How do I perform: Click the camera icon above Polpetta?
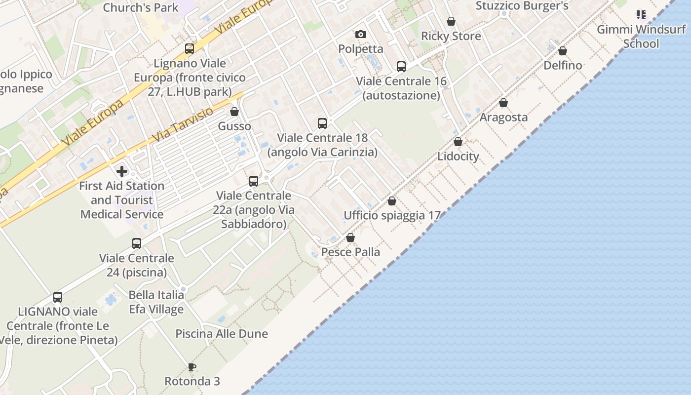361,34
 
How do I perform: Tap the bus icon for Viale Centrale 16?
401,67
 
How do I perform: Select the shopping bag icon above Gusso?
234,112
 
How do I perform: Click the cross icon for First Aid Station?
122,171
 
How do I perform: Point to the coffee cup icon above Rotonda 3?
192,367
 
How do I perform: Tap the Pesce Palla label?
350,252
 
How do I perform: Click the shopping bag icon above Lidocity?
458,142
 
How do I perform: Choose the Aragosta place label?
503,117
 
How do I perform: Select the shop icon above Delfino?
563,51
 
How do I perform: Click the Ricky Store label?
451,36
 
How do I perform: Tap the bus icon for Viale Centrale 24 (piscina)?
137,243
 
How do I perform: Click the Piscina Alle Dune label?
222,333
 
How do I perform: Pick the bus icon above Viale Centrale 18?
322,123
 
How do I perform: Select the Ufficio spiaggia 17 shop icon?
392,201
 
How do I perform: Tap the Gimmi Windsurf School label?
641,36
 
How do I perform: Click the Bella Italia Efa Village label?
156,302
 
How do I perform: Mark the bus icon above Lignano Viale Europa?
190,49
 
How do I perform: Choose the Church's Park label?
141,7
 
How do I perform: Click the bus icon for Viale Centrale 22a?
254,181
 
